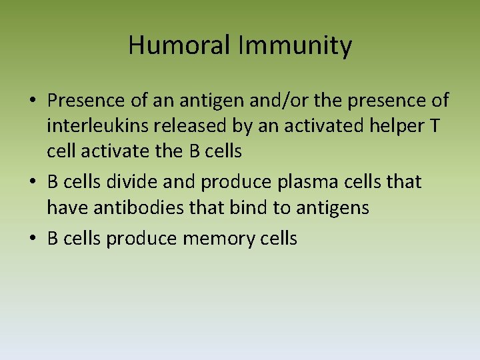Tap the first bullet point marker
tap(32, 102)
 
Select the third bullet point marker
tap(32, 239)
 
